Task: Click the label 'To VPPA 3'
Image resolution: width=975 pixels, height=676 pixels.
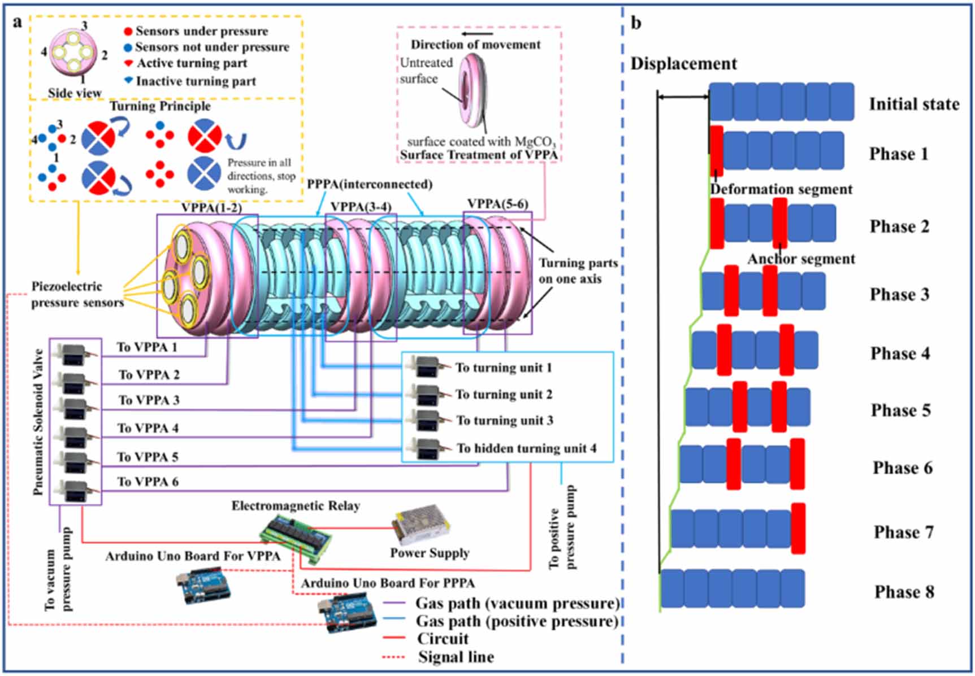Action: coord(149,400)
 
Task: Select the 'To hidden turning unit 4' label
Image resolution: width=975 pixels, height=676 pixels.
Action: coord(526,448)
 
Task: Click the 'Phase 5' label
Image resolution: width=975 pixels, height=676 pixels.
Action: coord(900,410)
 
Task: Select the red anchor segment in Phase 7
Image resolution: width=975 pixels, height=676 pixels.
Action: coord(798,529)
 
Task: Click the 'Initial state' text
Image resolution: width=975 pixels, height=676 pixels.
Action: coord(913,104)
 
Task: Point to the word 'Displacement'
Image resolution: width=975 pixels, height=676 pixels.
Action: coord(683,63)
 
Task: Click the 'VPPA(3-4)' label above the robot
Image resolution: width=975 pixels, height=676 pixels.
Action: coord(361,207)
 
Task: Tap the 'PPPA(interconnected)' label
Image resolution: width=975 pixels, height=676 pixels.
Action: coord(370,184)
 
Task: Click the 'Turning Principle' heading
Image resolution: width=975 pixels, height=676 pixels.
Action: coord(160,106)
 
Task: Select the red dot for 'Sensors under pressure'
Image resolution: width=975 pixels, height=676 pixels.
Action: coord(128,31)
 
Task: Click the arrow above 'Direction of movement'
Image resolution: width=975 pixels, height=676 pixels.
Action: coord(478,34)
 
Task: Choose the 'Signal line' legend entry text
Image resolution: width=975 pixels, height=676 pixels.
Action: coord(456,657)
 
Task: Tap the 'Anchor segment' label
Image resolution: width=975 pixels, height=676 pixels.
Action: coord(801,259)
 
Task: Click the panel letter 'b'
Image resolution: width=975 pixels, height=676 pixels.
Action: coord(636,23)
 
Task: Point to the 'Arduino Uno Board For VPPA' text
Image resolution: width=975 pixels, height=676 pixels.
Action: coord(193,556)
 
